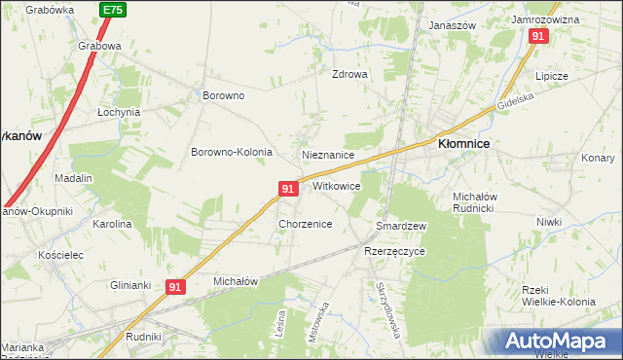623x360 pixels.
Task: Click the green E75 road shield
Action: [113, 9]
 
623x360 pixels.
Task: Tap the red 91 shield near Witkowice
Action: [287, 188]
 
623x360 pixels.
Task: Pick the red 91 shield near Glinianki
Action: [175, 287]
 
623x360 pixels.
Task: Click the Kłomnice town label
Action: [463, 143]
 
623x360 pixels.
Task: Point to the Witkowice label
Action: [337, 186]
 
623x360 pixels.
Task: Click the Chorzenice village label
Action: [306, 224]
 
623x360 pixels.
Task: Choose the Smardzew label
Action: [402, 226]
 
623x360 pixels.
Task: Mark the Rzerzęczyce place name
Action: [395, 250]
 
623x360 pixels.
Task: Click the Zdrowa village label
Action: [349, 74]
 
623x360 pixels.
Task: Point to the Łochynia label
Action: [119, 112]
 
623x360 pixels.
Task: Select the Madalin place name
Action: [73, 178]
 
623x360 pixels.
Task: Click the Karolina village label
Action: [112, 224]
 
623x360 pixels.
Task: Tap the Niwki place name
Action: [549, 222]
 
